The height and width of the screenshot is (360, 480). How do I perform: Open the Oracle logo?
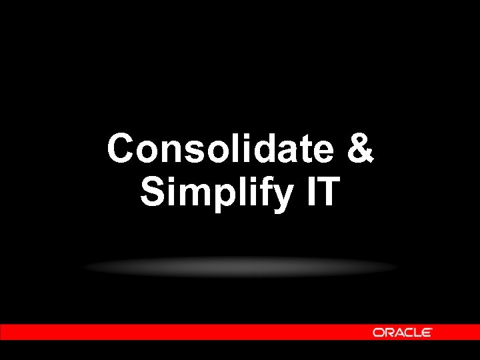tap(403, 332)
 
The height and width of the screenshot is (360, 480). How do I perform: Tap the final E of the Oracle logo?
tap(427, 332)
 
